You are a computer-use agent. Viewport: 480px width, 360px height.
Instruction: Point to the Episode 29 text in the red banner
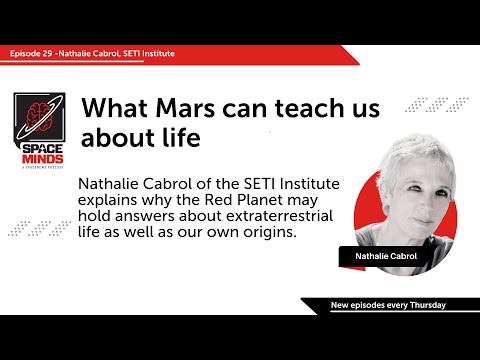[x=28, y=52]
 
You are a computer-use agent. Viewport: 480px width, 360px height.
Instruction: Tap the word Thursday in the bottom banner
[x=421, y=304]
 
